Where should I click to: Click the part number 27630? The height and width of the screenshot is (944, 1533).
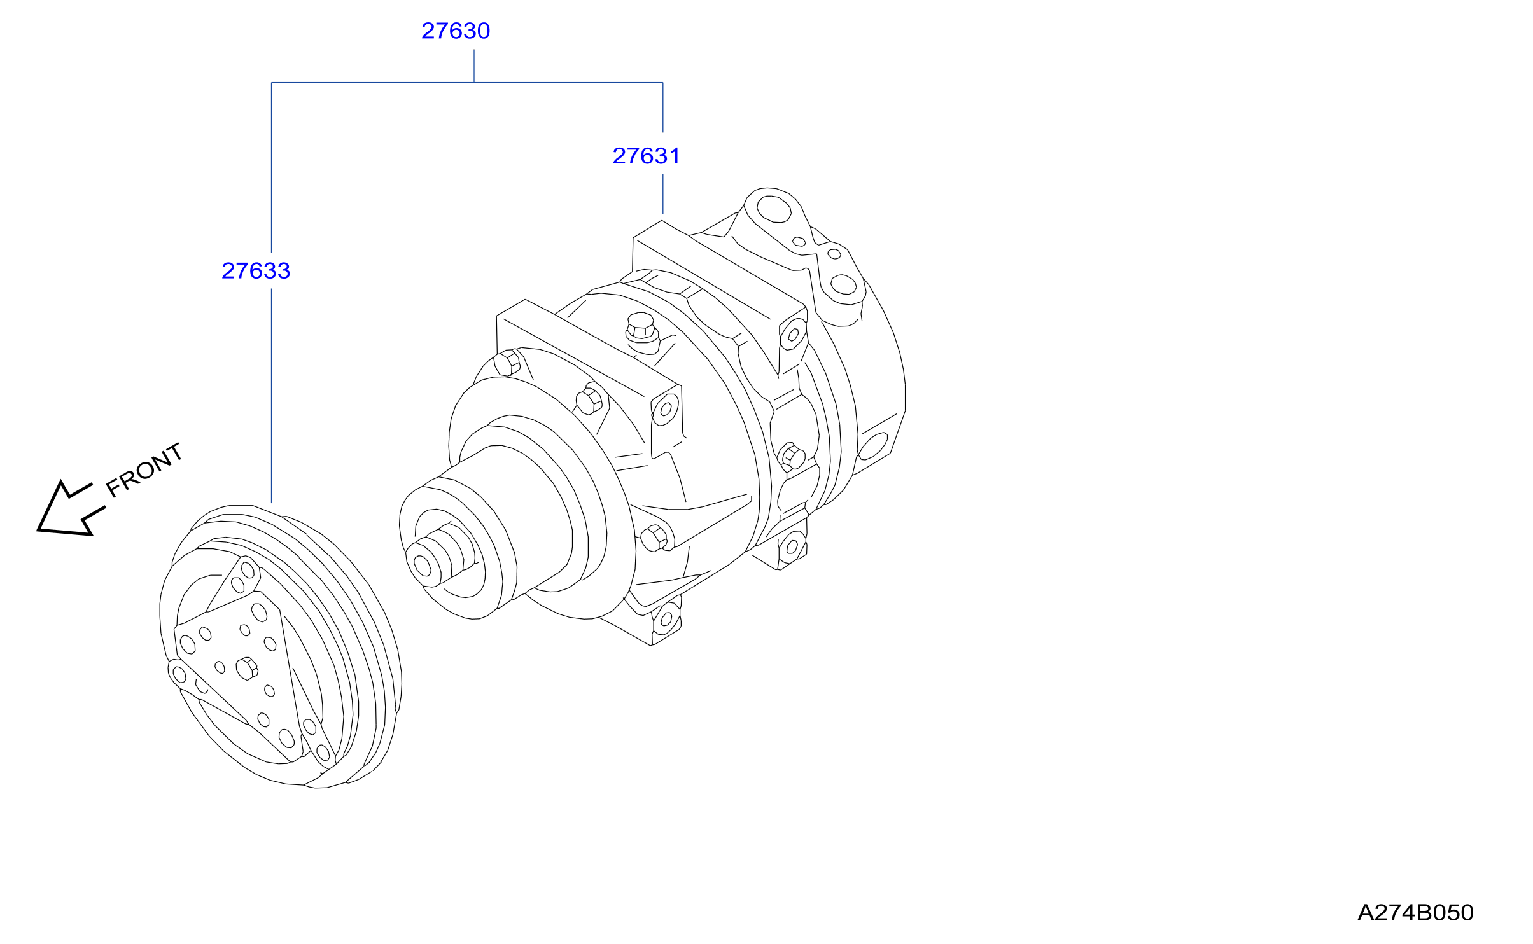[x=456, y=31]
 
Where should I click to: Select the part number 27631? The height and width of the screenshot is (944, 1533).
[x=647, y=156]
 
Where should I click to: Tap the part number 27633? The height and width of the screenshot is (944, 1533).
[x=256, y=271]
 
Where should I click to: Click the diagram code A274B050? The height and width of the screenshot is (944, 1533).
[x=1415, y=913]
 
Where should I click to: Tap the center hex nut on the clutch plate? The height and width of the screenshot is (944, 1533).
[x=247, y=669]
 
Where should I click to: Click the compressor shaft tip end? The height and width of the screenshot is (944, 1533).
[x=423, y=564]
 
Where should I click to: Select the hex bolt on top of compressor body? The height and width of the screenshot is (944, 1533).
[x=641, y=329]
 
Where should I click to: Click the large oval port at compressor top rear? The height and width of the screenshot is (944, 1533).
[x=774, y=209]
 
